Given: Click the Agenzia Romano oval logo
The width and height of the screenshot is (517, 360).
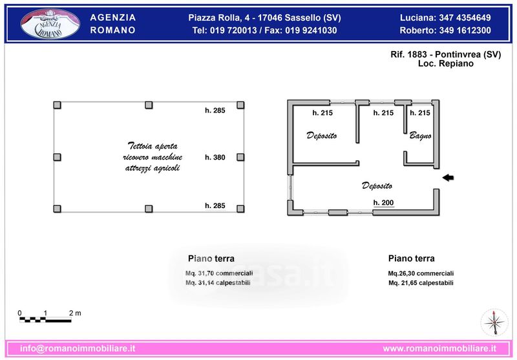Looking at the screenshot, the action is coord(50,24).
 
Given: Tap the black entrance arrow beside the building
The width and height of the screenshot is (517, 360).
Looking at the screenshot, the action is coord(448,178).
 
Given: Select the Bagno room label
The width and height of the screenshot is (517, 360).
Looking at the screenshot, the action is coord(421,136).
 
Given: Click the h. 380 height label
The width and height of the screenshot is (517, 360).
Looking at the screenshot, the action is coord(215,157).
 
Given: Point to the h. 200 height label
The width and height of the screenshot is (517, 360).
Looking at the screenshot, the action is coord(383,203).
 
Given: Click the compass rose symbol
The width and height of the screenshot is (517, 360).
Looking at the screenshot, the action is coord(494,322).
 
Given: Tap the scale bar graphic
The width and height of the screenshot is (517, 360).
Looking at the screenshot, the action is coord(45,319).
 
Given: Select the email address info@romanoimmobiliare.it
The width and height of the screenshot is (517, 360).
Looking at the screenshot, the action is coord(78,348).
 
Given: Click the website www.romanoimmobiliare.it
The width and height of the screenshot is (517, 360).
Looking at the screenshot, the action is coord(439,348).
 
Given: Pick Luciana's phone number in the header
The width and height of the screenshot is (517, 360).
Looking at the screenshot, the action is coord(465,18).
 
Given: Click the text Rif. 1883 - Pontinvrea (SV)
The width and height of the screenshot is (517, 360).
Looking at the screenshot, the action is coord(446,54).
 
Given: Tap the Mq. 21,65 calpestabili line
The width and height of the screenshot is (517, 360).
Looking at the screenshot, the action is coord(421,283).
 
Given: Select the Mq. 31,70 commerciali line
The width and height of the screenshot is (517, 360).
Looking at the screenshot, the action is coord(219,273).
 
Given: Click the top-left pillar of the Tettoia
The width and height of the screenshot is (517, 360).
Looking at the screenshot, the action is coord(58,105).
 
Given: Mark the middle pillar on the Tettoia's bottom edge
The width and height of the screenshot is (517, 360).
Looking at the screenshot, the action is coord(149,209).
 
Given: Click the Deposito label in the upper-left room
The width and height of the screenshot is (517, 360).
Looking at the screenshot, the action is coord(321,136).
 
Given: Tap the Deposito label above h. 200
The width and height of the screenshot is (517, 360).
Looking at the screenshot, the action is coord(377,185).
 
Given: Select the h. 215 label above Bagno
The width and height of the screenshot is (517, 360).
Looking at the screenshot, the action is coord(420,112).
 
